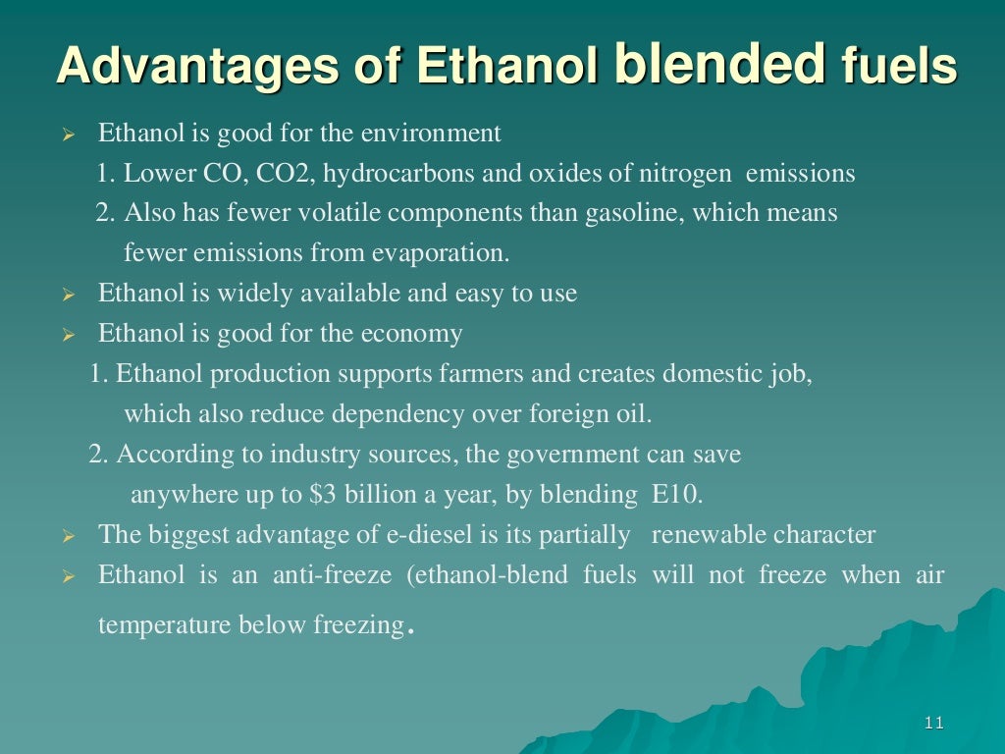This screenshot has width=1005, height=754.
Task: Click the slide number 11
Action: tap(933, 724)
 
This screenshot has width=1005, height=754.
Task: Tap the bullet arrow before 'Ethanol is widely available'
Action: tap(68, 295)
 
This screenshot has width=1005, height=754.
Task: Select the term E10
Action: tap(677, 495)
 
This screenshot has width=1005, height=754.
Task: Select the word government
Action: tap(577, 455)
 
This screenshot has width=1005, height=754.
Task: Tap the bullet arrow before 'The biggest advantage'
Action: tap(68, 537)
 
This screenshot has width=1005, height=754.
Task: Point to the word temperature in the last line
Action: tap(165, 625)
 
